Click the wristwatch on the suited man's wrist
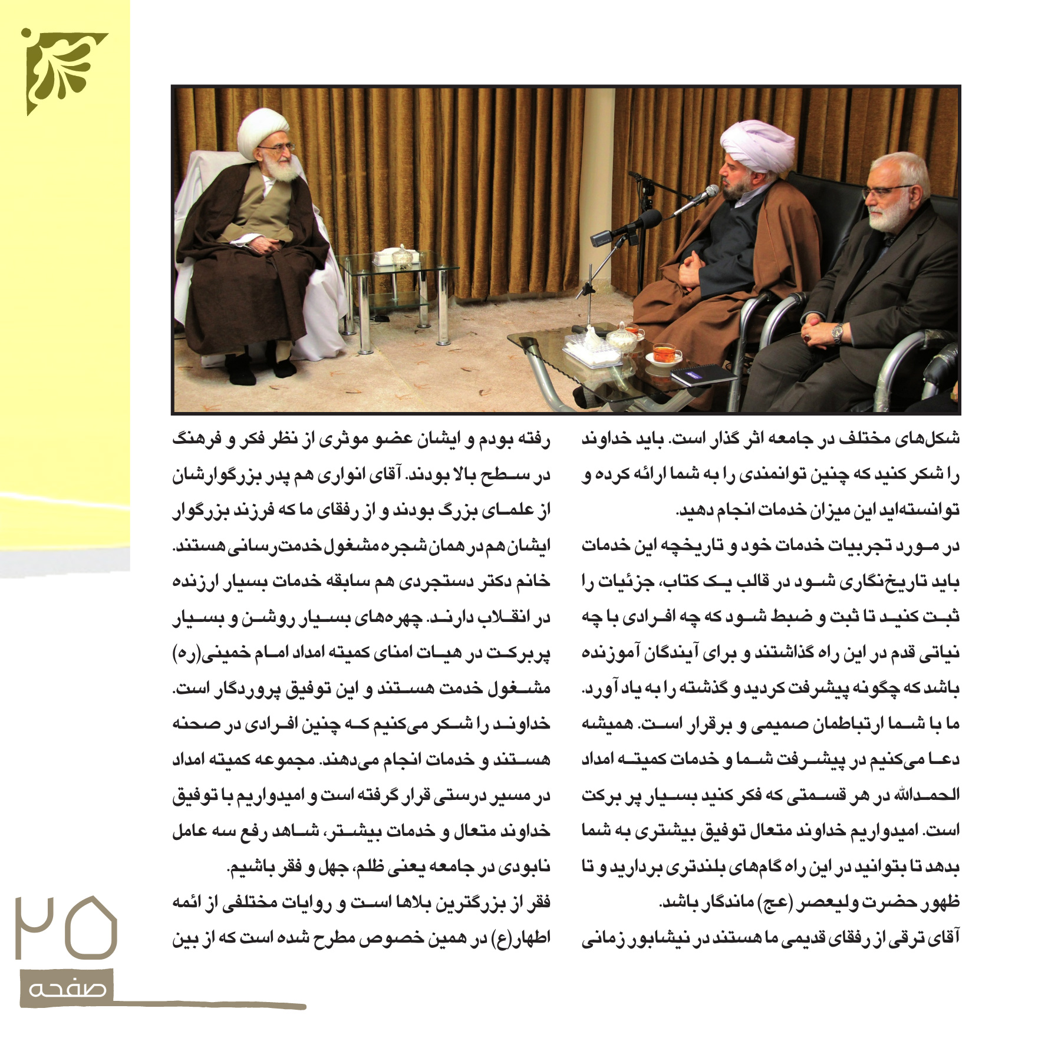point(837,334)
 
